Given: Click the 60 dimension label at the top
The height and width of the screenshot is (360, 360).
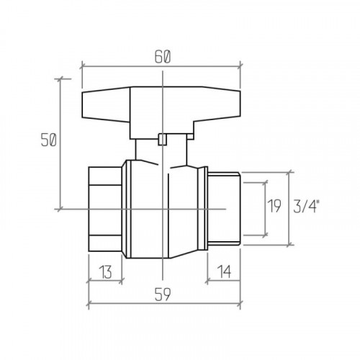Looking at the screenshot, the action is (x=163, y=57).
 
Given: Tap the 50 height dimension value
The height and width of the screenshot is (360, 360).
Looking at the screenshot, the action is (x=48, y=140).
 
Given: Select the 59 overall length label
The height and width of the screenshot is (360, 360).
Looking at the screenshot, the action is (x=163, y=294).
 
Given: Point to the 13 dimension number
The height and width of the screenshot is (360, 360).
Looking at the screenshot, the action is (x=105, y=272).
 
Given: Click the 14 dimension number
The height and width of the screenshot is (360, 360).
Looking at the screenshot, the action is (x=224, y=272).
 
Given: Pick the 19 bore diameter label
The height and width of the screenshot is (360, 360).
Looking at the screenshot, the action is (x=274, y=206).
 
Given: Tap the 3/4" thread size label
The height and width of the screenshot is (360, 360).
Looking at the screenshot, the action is (x=307, y=206).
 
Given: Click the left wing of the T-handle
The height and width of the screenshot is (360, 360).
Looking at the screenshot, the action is (x=106, y=104).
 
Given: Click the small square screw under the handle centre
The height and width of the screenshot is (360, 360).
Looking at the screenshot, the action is (x=163, y=140).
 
